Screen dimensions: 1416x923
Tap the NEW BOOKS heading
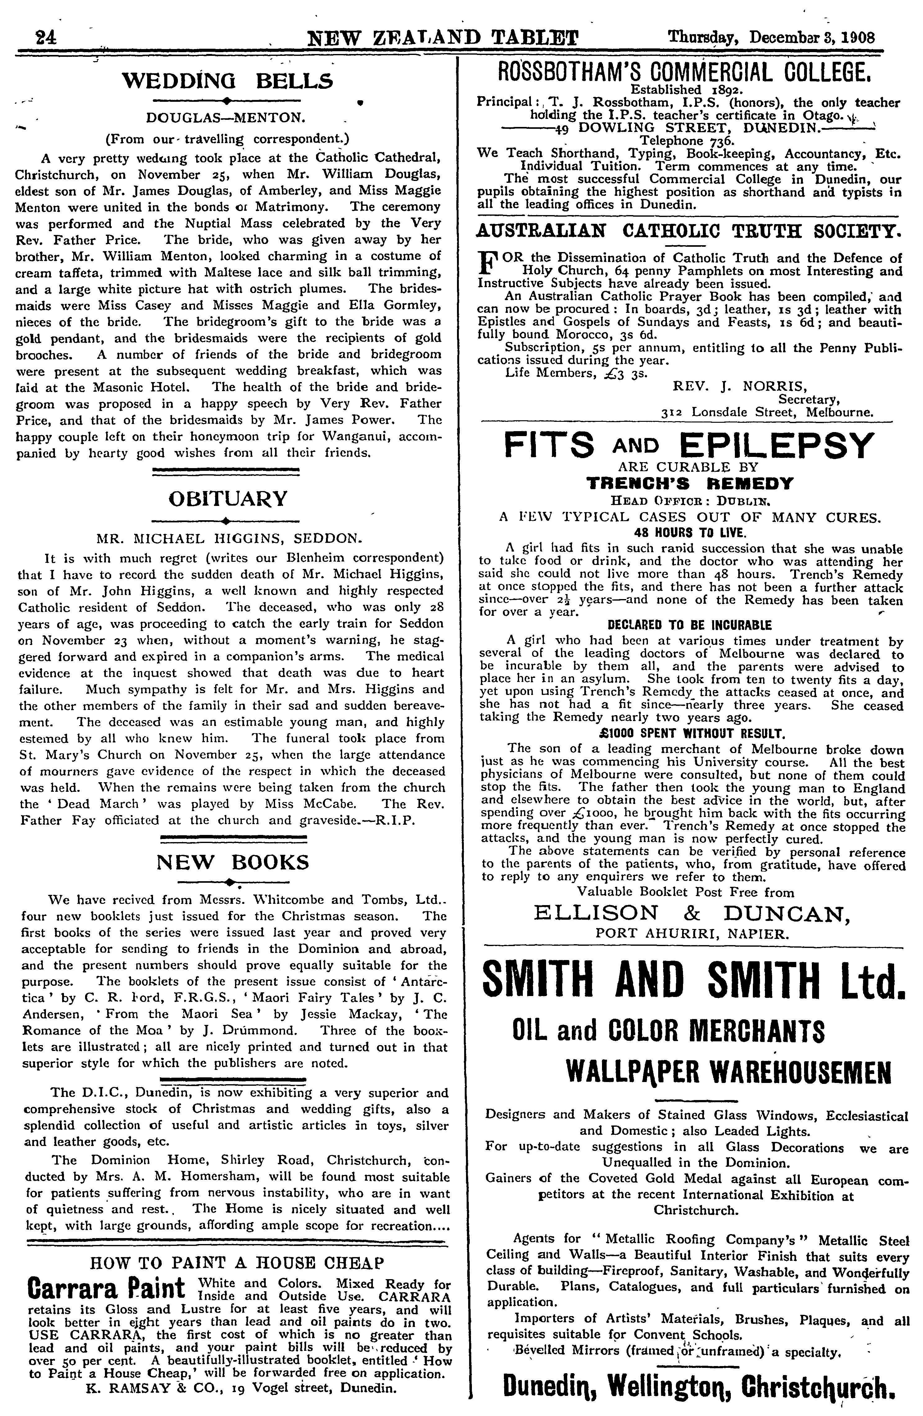coord(233,862)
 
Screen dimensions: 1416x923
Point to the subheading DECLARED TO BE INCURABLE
coord(689,625)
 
